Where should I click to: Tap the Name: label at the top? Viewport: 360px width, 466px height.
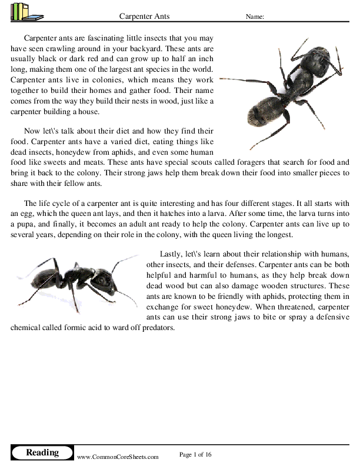coord(254,16)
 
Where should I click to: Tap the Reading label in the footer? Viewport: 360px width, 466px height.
coord(42,452)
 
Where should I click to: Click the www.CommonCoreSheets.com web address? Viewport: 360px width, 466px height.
coord(118,456)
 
